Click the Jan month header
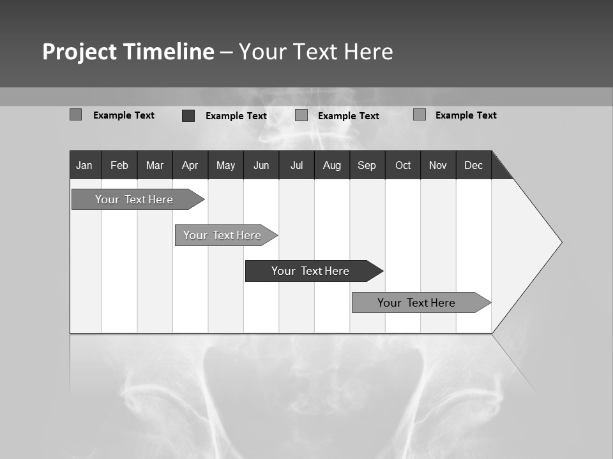point(84,166)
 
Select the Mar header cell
point(155,166)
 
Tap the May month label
point(225,166)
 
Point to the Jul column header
point(296,166)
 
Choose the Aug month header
point(331,166)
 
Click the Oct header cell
point(403,166)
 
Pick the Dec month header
point(473,166)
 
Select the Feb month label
point(119,166)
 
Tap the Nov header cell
point(438,166)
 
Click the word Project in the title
point(79,52)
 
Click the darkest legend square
point(188,115)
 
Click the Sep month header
point(367,166)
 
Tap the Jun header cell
point(261,166)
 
